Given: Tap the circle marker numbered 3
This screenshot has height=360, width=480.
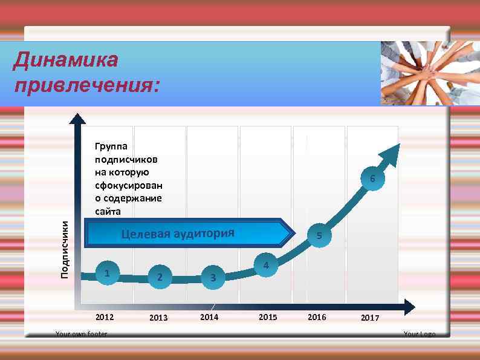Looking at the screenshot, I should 212,278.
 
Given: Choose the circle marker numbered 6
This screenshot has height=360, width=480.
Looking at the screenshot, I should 373,178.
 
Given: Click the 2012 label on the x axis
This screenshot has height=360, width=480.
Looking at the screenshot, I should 105,317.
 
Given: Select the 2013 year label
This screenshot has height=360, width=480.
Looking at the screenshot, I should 158,318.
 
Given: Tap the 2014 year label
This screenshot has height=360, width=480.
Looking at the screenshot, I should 209,317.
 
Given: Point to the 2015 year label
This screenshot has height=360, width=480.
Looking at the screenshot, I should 268,317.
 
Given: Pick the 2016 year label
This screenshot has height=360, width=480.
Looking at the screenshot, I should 317,317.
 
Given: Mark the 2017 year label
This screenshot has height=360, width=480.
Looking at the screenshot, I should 370,318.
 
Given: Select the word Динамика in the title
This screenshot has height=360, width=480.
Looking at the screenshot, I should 65,61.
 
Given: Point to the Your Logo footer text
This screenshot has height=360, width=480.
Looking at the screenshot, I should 419,334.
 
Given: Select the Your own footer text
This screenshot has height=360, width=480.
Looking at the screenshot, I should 81,334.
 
